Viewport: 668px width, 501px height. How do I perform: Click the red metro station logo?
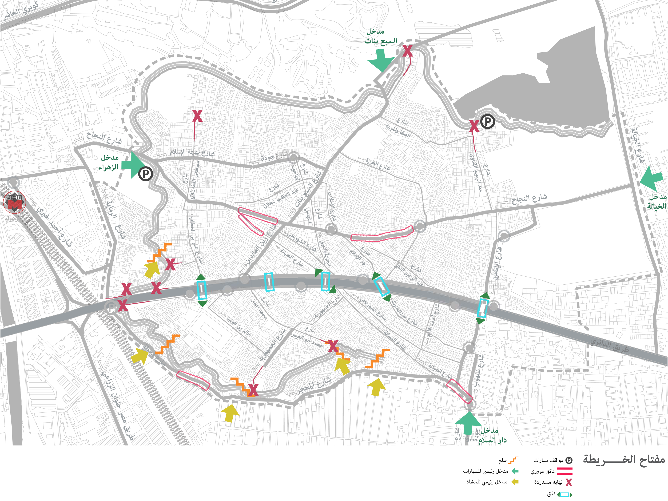pyautogui.click(x=14, y=202)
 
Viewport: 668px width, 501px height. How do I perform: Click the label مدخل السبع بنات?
pyautogui.click(x=380, y=36)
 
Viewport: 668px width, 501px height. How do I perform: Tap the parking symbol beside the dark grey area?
pyautogui.click(x=487, y=122)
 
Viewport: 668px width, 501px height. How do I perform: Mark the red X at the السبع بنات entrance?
pyautogui.click(x=408, y=51)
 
